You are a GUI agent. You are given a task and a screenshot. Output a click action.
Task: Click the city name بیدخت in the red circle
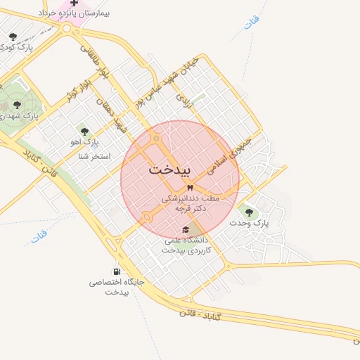point(169,170)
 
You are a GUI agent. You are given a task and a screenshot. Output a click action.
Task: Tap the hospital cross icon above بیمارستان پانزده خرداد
point(74,3)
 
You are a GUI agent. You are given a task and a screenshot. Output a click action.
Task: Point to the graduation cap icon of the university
point(186,229)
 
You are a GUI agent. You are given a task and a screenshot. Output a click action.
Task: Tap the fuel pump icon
point(115,271)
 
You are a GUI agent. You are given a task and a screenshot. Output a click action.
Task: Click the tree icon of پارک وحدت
point(249,211)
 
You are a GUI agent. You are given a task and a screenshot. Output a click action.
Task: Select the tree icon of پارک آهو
point(85,131)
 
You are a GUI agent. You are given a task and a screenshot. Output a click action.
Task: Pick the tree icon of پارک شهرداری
point(17,105)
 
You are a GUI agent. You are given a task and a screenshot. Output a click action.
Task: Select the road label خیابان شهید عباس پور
point(169,82)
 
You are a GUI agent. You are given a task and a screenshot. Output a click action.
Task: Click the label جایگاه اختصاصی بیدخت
point(116,286)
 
